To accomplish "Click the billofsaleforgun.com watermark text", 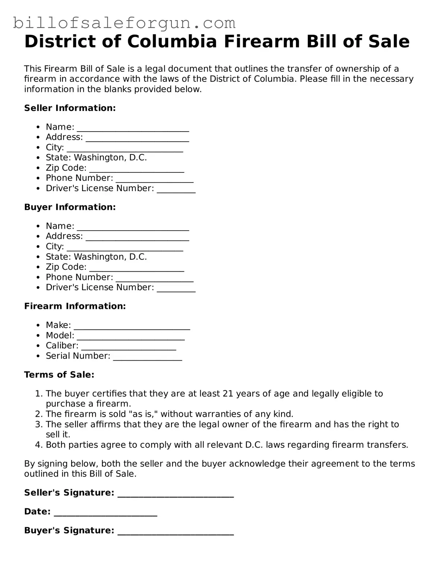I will click(x=124, y=23).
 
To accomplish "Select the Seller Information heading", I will click(x=70, y=108).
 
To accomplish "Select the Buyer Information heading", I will click(x=70, y=207).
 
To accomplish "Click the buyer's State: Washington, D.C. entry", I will click(x=96, y=257).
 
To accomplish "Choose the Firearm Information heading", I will click(x=75, y=306).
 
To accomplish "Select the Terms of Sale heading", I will click(x=59, y=375).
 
